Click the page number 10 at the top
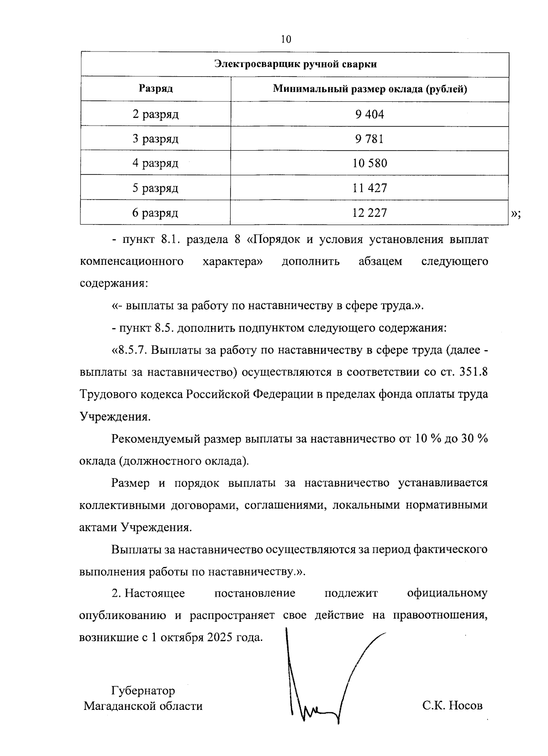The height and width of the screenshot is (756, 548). [286, 39]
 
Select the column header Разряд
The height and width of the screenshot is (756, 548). [156, 89]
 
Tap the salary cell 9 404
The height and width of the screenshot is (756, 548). [369, 114]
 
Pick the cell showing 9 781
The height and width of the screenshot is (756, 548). [369, 139]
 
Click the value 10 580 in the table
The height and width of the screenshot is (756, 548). [369, 163]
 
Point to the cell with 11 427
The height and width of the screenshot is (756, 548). [369, 188]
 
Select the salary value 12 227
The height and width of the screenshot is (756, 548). [369, 213]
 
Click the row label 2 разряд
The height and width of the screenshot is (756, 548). [156, 114]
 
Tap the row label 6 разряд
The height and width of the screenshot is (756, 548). [156, 213]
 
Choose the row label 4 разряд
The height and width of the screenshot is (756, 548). [156, 163]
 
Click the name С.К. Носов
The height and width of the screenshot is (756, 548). [452, 706]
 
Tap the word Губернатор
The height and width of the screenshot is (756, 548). [143, 690]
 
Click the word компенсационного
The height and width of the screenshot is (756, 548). [132, 262]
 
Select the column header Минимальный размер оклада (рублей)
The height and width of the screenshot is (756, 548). [369, 89]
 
